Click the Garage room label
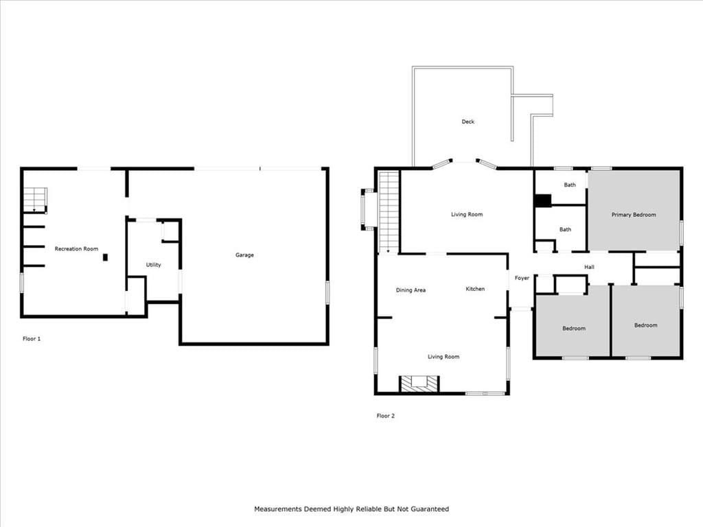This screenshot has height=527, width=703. click(x=244, y=255)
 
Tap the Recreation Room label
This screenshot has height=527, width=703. click(x=76, y=248)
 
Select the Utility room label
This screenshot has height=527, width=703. click(x=153, y=265)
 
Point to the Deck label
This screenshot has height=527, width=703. click(x=468, y=121)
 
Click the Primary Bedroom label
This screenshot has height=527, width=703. click(x=634, y=215)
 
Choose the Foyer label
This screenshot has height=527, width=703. click(x=522, y=279)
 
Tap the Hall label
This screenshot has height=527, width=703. click(x=589, y=267)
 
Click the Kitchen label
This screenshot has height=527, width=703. click(x=475, y=289)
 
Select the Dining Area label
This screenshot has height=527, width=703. click(x=411, y=290)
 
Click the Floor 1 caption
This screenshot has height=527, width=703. click(x=32, y=339)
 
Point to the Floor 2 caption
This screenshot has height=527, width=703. click(x=386, y=416)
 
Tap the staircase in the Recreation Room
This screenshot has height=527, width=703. click(x=36, y=200)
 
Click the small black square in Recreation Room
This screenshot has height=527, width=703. click(x=105, y=257)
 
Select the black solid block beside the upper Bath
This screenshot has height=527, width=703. click(x=542, y=200)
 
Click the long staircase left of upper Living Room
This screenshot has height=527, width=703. click(x=389, y=211)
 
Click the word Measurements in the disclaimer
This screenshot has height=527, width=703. click(x=278, y=509)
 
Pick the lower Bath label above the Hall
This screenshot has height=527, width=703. click(x=565, y=229)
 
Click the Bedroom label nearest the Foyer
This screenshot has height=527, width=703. click(x=574, y=329)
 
